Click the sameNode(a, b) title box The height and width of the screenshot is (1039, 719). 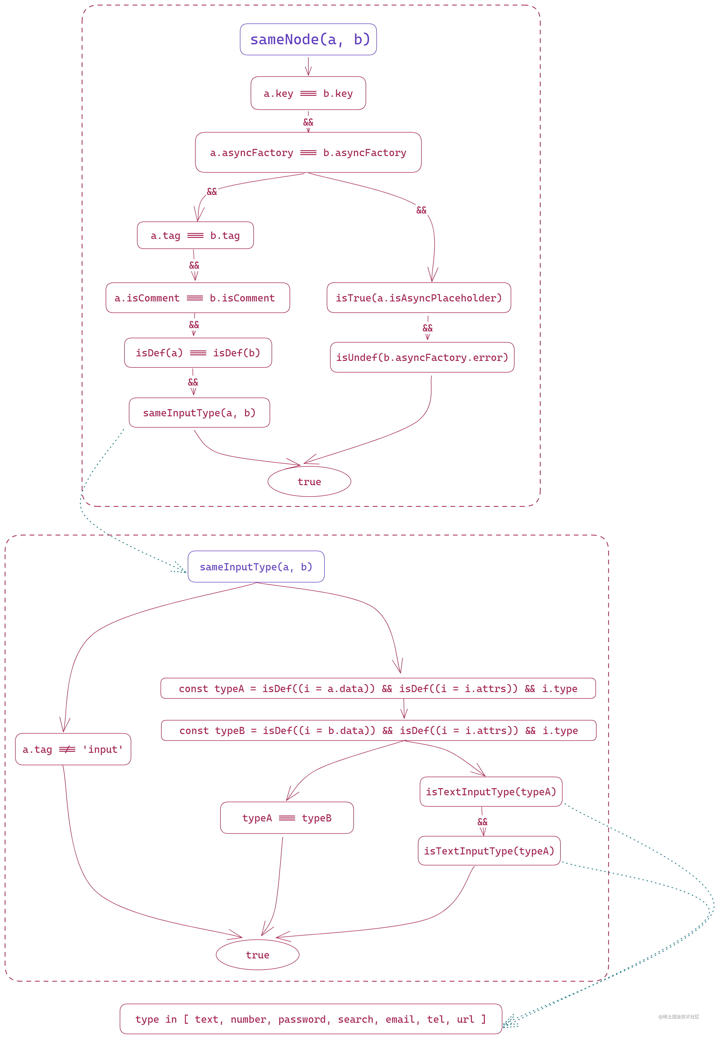[308, 40]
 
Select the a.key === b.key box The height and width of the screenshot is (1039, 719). [308, 93]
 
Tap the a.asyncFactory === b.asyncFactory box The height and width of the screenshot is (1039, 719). [308, 153]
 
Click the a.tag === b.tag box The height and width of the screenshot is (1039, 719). [195, 235]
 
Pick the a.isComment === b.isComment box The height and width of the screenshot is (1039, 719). [197, 298]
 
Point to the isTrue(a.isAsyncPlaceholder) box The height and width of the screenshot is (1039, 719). [418, 298]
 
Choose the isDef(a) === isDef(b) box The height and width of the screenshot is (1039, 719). [198, 353]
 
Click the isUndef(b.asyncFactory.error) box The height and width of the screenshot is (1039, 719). [422, 357]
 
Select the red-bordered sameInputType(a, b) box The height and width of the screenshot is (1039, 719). [199, 413]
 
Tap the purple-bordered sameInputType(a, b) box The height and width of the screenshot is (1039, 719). [256, 567]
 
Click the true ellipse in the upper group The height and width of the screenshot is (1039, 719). [309, 482]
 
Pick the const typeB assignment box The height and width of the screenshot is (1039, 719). [378, 730]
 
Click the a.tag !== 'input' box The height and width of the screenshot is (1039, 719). [73, 749]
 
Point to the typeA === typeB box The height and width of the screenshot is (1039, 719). [287, 818]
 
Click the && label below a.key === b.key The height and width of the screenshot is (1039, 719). [308, 122]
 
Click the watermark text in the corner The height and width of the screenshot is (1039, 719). [678, 1016]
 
